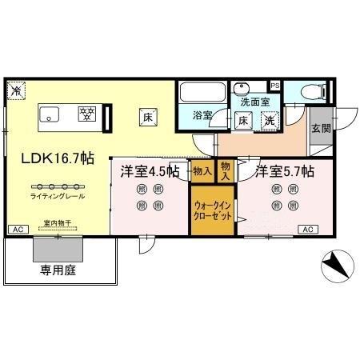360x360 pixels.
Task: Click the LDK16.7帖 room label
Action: (58, 158)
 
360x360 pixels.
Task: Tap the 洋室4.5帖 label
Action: (150, 170)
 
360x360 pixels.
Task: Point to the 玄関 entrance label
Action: (319, 128)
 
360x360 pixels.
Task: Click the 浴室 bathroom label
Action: (202, 117)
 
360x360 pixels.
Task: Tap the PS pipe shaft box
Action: (274, 85)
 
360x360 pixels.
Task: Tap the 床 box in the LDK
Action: (148, 116)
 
